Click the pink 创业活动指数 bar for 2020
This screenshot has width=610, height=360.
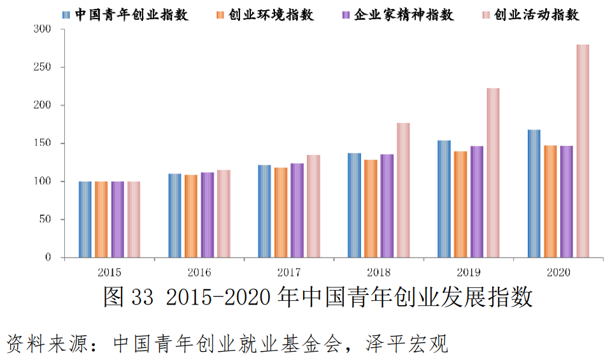coord(582,151)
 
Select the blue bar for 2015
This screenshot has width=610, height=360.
coord(85,220)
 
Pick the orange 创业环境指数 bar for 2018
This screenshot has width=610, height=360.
coord(371,209)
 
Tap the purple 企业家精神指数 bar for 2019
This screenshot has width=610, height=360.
coord(476,202)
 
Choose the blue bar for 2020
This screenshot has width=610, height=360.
coord(534,194)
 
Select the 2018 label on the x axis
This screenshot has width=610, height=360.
coord(378,272)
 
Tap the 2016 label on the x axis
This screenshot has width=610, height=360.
coord(199,272)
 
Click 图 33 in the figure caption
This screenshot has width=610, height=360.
coord(128,297)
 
